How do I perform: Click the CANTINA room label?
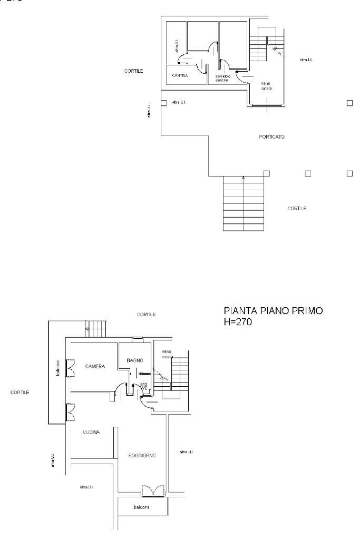coord(180,76)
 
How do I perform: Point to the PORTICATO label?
coord(272,136)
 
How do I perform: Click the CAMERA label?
coord(95,366)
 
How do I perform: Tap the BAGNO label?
coord(135,360)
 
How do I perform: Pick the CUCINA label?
coord(91,432)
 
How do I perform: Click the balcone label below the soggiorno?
coord(141,507)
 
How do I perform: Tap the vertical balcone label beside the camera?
coord(58,369)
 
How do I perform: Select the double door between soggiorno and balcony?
coord(153,491)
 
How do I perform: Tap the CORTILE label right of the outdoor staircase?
coord(297,209)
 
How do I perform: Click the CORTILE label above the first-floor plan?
coord(146,315)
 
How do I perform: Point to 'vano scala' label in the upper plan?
coord(267,86)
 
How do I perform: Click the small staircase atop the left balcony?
coord(96,329)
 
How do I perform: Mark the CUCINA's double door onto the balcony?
coord(69,412)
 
